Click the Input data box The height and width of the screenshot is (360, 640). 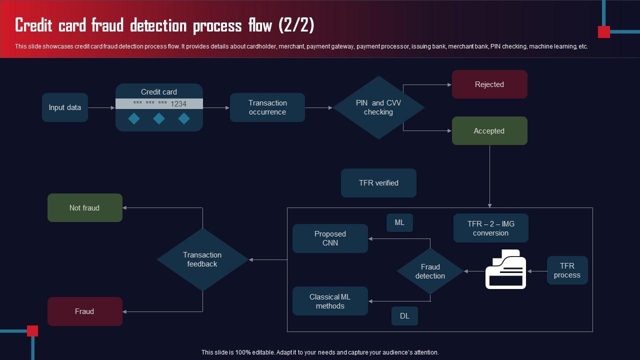click(65, 107)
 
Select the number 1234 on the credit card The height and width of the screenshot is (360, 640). click(178, 104)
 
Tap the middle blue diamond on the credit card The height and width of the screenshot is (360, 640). click(159, 118)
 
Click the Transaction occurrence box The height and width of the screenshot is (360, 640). click(267, 107)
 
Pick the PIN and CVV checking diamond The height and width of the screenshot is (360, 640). click(378, 107)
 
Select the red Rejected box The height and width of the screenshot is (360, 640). click(489, 84)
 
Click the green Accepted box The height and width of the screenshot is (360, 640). click(489, 131)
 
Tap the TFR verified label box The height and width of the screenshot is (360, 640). click(378, 183)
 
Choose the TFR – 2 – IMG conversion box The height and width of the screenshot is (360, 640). click(490, 228)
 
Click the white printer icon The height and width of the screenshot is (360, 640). click(505, 269)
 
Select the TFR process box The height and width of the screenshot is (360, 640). click(567, 270)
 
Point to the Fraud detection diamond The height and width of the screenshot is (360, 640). click(430, 271)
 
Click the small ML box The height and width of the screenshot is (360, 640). click(399, 223)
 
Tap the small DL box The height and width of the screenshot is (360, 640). click(404, 316)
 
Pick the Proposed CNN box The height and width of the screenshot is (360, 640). click(330, 238)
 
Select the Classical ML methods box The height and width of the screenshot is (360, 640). click(330, 301)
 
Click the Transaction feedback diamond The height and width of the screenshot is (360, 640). click(202, 259)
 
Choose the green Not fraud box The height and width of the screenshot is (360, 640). click(84, 208)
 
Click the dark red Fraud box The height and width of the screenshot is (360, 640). click(84, 311)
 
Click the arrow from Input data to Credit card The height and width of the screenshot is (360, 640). click(101, 107)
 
